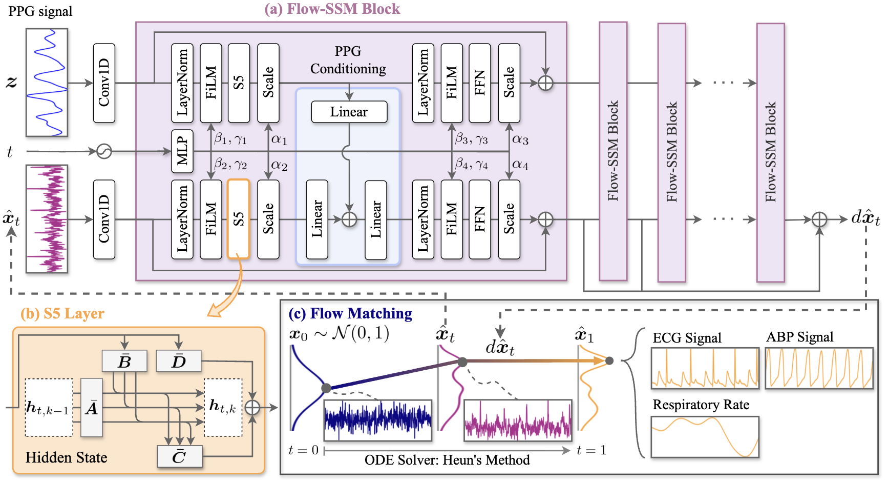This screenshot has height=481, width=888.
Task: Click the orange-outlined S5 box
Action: tap(238, 219)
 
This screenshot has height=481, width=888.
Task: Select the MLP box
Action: tap(182, 151)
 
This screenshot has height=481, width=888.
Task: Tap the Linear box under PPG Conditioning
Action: tap(349, 112)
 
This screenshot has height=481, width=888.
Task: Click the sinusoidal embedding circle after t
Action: tap(104, 151)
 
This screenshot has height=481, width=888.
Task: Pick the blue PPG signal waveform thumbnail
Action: tap(47, 82)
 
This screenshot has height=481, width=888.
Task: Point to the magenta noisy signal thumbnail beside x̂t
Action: tap(47, 218)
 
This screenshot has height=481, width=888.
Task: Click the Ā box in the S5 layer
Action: tap(92, 408)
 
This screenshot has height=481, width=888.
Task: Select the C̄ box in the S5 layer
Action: tap(179, 456)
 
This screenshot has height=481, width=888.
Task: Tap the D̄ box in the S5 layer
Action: tap(178, 362)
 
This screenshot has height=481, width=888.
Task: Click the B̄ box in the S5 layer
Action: tap(124, 362)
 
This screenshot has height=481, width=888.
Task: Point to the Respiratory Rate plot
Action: tap(705, 436)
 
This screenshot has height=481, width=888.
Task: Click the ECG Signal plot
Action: tap(705, 368)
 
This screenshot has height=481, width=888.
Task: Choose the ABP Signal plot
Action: tap(819, 368)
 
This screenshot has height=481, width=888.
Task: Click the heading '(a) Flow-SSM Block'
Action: tap(332, 9)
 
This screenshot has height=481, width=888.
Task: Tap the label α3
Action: tap(520, 139)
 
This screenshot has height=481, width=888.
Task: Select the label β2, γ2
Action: tap(231, 164)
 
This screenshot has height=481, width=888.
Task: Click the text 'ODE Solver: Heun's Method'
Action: tap(447, 460)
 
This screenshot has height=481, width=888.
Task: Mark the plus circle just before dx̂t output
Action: tap(819, 219)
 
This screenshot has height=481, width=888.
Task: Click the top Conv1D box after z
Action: tap(104, 83)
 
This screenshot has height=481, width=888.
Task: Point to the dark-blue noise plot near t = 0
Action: tap(378, 420)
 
